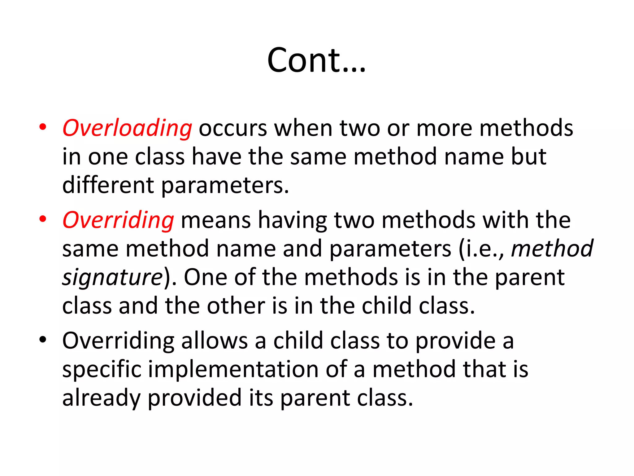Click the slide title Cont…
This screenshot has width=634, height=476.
[316, 60]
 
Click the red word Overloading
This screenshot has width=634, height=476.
[127, 128]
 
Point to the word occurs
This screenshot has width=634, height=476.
[232, 128]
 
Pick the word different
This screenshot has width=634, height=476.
[108, 185]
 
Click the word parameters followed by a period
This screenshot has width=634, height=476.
[225, 185]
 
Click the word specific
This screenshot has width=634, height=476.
[102, 369]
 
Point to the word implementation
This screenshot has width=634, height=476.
[233, 369]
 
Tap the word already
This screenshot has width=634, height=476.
[101, 398]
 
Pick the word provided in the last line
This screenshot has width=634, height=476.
[194, 398]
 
